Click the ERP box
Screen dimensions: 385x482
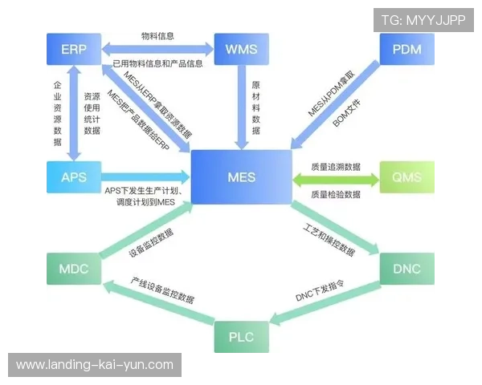coord(73,50)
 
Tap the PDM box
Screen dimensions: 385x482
coord(407,50)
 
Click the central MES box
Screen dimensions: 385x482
coord(241,176)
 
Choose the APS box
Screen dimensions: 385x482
coord(73,176)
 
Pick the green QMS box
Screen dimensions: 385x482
coord(407,176)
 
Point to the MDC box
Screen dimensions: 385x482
coord(73,268)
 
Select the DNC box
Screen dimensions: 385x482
coord(407,268)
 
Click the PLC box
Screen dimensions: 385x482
coord(241,335)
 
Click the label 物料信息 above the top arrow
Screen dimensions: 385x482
coord(157,36)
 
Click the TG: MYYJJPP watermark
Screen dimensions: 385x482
coord(423,19)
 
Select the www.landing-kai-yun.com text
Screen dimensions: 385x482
coord(95,364)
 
